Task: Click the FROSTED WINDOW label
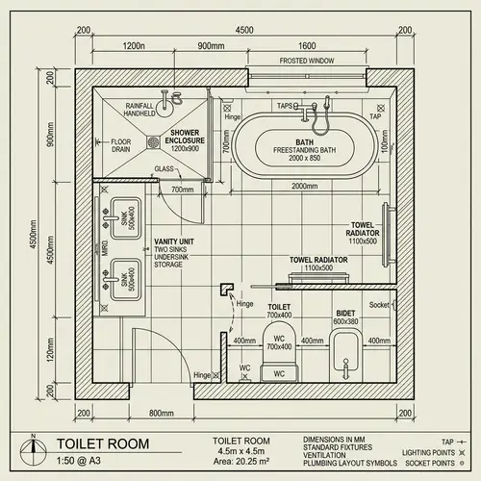pos(307,61)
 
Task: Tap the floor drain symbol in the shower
pos(152,142)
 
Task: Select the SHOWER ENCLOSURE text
pos(185,140)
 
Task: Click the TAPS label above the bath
pos(286,106)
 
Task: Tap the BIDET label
pos(345,313)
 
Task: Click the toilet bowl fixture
pos(279,346)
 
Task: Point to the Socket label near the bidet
pos(379,305)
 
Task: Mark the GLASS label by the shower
pos(164,169)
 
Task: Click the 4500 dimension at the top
pos(244,30)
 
